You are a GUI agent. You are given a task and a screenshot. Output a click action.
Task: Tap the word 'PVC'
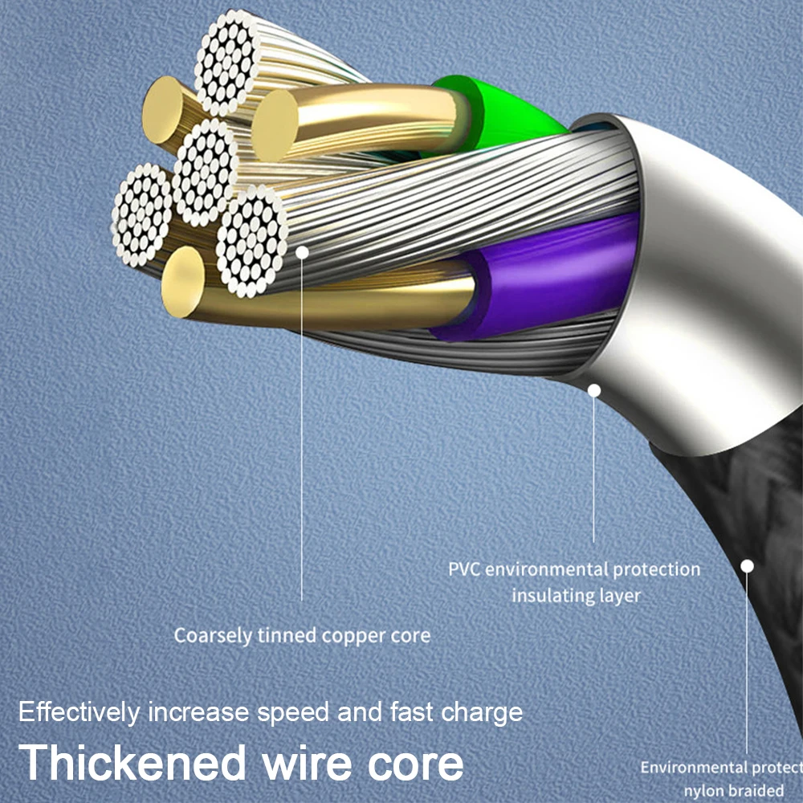pyautogui.click(x=464, y=569)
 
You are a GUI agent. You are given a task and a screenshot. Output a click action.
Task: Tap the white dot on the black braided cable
pyautogui.click(x=747, y=566)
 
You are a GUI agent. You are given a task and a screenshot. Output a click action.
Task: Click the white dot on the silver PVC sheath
pyautogui.click(x=594, y=391)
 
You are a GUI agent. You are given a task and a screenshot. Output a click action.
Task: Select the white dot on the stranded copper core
pyautogui.click(x=302, y=251)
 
